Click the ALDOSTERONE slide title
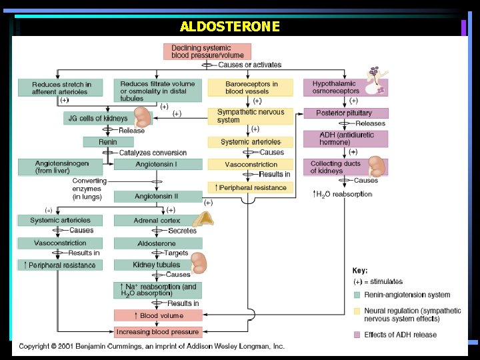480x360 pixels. coord(229,27)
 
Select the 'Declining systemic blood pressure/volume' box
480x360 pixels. coord(207,51)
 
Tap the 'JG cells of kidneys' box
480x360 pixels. coord(97,119)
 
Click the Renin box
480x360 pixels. coord(108,142)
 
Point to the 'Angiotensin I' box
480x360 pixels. coord(157,165)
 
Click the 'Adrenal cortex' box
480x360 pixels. coord(157,221)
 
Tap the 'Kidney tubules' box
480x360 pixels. coord(157,265)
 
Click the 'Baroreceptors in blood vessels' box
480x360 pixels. coord(251,88)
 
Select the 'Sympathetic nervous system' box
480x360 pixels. coord(251,116)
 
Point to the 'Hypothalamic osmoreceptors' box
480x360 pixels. coord(344,88)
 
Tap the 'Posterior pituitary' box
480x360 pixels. coord(345,113)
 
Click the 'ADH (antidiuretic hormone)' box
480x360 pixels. coord(345,138)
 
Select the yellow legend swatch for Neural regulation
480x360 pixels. coord(357,311)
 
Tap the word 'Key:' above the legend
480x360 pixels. coord(361,271)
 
